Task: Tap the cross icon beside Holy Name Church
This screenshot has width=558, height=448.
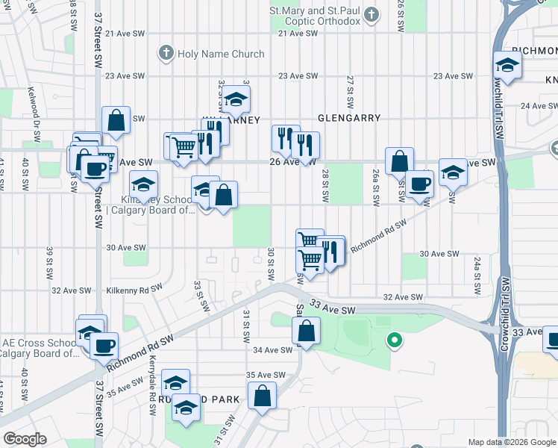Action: click(x=166, y=54)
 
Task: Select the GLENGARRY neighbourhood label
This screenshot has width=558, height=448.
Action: click(x=349, y=118)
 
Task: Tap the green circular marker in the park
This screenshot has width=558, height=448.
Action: click(x=394, y=341)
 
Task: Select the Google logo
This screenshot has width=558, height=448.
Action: click(x=24, y=439)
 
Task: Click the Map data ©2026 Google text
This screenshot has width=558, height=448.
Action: click(x=512, y=442)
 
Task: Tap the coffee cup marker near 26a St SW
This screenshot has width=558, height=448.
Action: click(x=419, y=183)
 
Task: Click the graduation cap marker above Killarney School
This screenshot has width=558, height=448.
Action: click(x=144, y=184)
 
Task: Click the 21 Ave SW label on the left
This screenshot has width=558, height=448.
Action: click(x=123, y=34)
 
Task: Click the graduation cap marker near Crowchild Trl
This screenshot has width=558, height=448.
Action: click(x=507, y=64)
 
